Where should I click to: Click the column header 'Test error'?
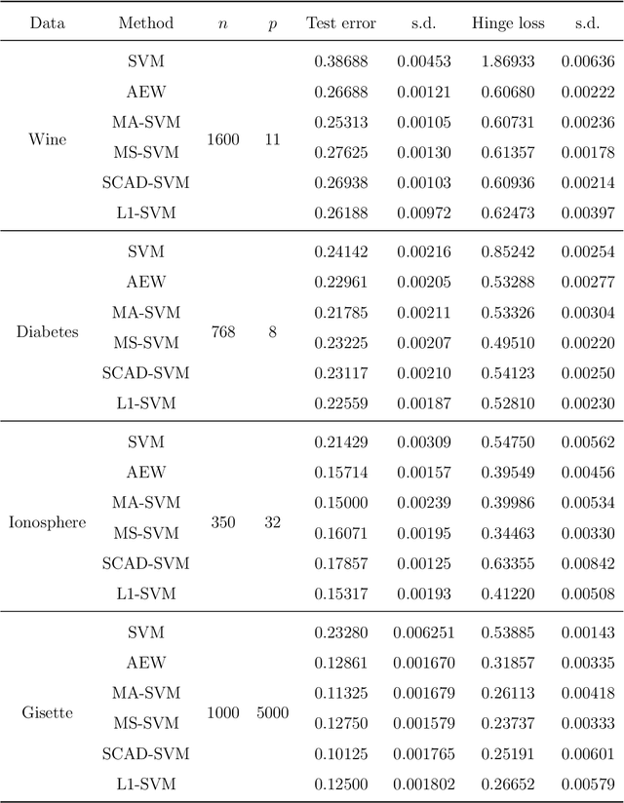coord(340,22)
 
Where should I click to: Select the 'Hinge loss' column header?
coord(507,22)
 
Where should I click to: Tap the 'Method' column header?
coord(145,22)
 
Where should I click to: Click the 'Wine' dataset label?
coord(48,139)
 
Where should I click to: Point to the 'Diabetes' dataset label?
coord(48,331)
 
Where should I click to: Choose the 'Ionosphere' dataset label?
coord(48,522)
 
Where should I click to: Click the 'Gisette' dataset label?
coord(48,712)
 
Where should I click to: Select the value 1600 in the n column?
coord(222,139)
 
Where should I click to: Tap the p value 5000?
coord(272,712)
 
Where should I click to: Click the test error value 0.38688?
coord(340,62)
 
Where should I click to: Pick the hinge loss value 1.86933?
coord(507,62)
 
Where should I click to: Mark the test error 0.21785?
coord(340,312)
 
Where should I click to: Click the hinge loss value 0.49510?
coord(507,342)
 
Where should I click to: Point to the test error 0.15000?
coord(340,503)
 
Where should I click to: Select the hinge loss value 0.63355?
coord(507,563)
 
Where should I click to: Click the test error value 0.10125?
coord(340,753)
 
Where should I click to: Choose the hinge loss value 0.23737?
coord(507,723)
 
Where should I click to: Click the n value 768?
coord(222,331)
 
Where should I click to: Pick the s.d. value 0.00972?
coord(423,212)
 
